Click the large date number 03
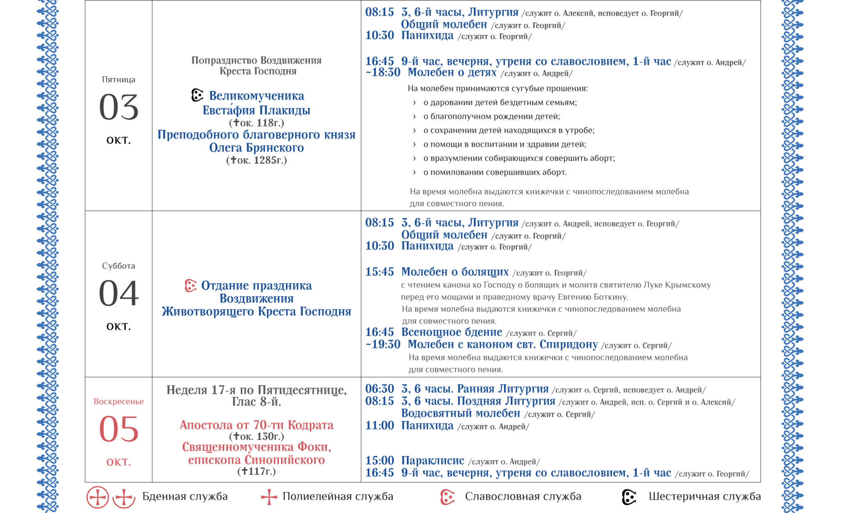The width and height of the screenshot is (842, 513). point(118,107)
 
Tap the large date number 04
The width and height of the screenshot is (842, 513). point(118,293)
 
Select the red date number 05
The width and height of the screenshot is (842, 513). point(118,429)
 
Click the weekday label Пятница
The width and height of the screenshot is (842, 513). point(118,80)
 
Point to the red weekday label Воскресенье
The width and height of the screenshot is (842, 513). point(118,402)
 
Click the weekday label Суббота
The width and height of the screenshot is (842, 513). point(118,266)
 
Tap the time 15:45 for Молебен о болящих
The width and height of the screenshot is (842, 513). point(379,272)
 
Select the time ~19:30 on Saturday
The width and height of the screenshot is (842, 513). point(383,344)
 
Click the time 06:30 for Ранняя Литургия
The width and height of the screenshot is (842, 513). point(379,389)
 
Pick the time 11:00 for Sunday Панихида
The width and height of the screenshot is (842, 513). point(379,425)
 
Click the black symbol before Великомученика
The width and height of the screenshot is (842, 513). point(197,95)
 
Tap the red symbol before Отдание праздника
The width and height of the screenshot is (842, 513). point(190,286)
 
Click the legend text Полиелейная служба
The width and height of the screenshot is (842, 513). point(338,497)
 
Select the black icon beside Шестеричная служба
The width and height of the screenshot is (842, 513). point(629,497)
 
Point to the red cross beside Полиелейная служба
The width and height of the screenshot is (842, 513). point(269,497)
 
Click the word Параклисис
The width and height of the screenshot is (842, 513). point(433,461)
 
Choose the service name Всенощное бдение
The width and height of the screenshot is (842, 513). point(451,332)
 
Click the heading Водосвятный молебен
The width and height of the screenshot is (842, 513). point(460,413)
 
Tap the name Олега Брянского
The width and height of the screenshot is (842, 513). point(257,148)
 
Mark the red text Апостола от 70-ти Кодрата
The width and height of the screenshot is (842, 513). point(257,425)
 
